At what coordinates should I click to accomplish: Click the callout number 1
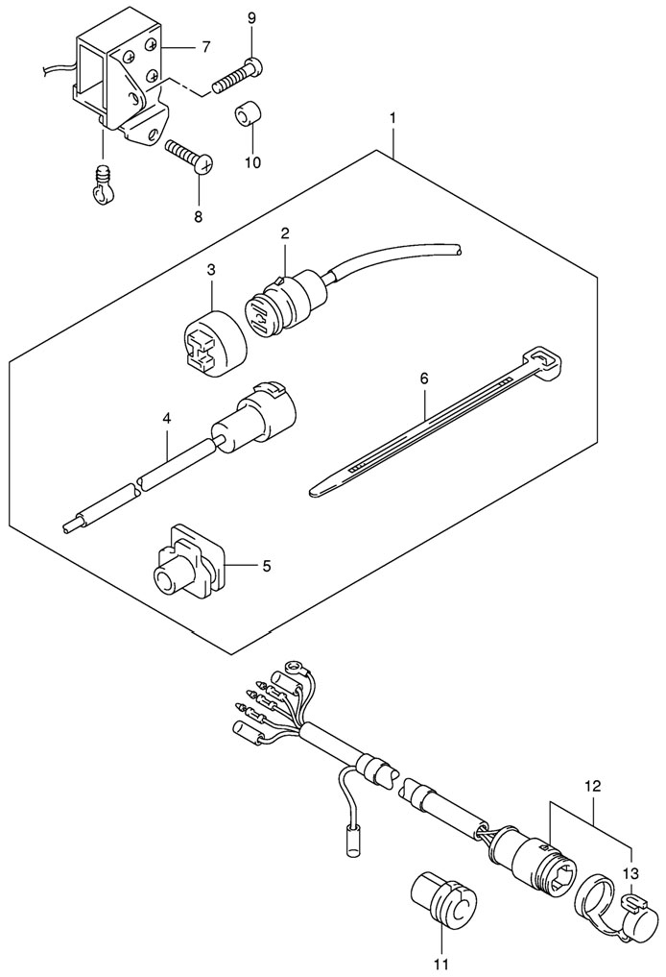point(392,118)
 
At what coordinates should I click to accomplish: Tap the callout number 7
point(206,47)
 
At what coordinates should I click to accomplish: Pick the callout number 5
point(267,566)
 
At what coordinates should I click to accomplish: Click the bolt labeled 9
point(237,75)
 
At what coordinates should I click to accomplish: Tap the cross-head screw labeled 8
point(189,157)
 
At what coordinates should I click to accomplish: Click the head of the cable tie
point(546,362)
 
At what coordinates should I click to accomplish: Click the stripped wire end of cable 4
point(70,527)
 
